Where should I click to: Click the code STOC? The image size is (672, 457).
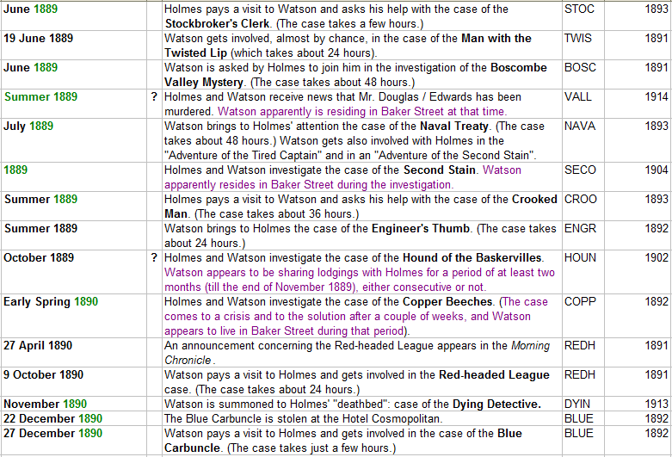coord(579,9)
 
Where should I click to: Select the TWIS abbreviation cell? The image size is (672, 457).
coord(578,39)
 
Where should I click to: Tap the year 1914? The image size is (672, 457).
coord(657,97)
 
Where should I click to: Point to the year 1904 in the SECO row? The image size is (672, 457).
coord(657,170)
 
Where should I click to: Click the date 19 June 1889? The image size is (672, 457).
coord(39,39)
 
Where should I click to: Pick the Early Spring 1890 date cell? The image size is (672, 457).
coord(50,302)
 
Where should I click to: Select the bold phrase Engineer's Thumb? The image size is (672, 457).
coord(421,229)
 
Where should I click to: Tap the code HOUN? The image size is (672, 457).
coord(580,258)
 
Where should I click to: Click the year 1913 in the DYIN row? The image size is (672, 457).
coord(657,405)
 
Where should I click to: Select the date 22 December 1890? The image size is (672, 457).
coord(53,419)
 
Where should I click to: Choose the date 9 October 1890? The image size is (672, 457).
coord(44,375)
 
